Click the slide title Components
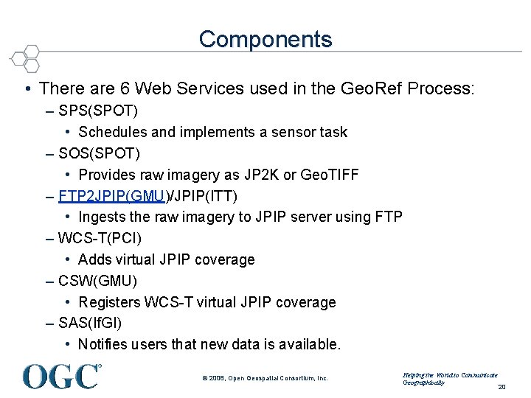[265, 38]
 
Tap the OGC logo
[61, 376]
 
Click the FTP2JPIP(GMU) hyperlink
[114, 196]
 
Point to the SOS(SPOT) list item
[99, 153]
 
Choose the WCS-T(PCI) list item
[100, 238]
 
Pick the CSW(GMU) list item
[97, 281]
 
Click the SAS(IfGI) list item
[90, 323]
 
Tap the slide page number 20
[502, 387]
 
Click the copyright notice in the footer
[265, 378]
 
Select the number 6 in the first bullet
[121, 89]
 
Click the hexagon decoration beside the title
[26, 57]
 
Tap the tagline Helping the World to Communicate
[450, 375]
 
